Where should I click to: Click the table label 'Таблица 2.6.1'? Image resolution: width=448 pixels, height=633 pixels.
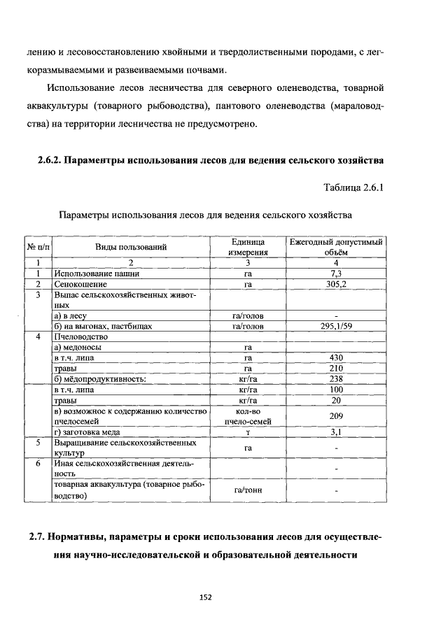[x=353, y=187]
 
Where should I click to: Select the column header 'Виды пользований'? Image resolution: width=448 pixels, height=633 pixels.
[x=131, y=247]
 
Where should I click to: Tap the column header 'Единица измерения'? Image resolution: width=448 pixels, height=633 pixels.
[x=247, y=247]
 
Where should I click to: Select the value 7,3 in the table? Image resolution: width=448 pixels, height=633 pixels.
[x=336, y=274]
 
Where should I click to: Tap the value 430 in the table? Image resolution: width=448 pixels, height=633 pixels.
[x=336, y=358]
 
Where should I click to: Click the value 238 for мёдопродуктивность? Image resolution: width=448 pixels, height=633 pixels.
[x=336, y=379]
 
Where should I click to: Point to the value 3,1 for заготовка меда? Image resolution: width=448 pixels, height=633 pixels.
[x=336, y=433]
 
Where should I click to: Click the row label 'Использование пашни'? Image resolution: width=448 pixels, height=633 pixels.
[x=92, y=274]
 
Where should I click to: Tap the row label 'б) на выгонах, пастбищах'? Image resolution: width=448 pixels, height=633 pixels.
[x=103, y=326]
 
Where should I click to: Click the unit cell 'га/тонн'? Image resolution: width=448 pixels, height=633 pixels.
[x=247, y=491]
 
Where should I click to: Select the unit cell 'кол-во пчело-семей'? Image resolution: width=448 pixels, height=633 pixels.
[x=247, y=416]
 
